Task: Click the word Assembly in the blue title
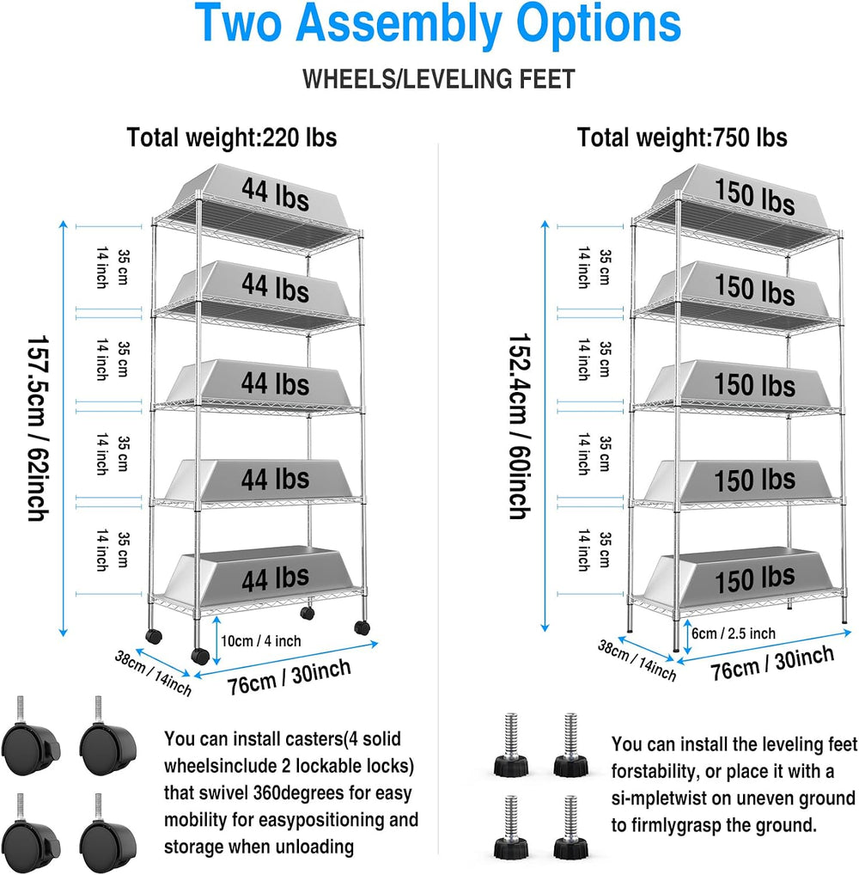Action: [x=399, y=24]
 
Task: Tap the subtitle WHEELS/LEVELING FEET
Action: [x=439, y=79]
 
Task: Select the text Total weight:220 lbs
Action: [x=232, y=138]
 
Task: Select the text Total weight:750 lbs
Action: [x=682, y=138]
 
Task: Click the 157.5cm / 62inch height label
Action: [x=38, y=428]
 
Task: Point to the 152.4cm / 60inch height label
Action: [x=520, y=427]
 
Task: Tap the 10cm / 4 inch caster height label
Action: [x=261, y=640]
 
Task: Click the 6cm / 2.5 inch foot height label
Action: [x=734, y=633]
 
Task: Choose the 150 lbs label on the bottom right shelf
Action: [x=755, y=578]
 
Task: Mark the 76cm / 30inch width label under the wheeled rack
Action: [x=289, y=677]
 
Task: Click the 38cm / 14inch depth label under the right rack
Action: [x=637, y=660]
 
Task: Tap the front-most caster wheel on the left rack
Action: [x=200, y=656]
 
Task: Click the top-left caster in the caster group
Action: [x=31, y=737]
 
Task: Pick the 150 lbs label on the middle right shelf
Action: [x=755, y=386]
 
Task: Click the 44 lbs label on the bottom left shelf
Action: [x=275, y=578]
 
